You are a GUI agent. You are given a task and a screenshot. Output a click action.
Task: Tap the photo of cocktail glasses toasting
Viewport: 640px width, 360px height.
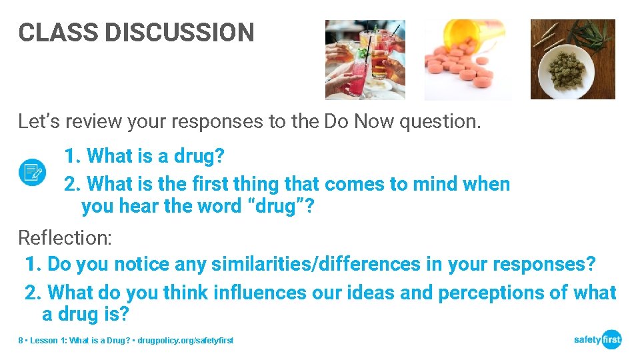click(365, 59)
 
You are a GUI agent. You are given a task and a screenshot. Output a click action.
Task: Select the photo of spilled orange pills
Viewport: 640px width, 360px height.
click(468, 59)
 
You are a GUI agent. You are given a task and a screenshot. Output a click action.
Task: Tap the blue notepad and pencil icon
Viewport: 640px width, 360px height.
click(32, 172)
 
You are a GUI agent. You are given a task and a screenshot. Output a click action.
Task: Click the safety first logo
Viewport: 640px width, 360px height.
click(597, 339)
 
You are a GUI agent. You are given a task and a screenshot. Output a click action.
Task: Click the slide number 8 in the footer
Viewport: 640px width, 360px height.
click(21, 341)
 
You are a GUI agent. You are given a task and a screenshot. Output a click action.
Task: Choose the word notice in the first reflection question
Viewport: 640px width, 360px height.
click(141, 264)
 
